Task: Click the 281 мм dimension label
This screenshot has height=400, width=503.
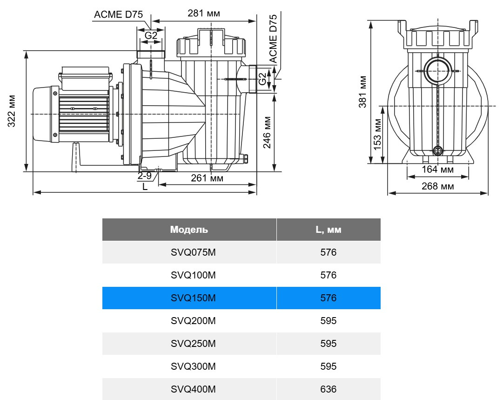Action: coord(204,13)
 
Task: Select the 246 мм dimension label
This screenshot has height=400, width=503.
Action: coord(268,132)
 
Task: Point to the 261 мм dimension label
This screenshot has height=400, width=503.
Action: coord(207,178)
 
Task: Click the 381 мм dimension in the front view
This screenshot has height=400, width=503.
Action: coord(363,92)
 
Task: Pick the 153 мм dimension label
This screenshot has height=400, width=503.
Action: coord(378,134)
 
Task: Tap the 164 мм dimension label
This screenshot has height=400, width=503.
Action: coord(437,169)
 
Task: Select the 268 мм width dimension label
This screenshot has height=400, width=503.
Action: coord(437,186)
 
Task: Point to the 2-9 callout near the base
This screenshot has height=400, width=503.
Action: coord(144,176)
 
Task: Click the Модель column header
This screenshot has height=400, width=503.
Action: coord(189,230)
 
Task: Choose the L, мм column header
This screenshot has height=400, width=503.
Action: coord(329,230)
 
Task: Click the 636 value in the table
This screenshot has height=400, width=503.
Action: coord(329,389)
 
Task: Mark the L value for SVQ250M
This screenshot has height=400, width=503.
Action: coord(329,343)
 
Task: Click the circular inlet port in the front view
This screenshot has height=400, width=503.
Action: coord(438,70)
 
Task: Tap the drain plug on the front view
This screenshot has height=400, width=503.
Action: coord(437,150)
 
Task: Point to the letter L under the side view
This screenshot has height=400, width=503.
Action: coord(145,187)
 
